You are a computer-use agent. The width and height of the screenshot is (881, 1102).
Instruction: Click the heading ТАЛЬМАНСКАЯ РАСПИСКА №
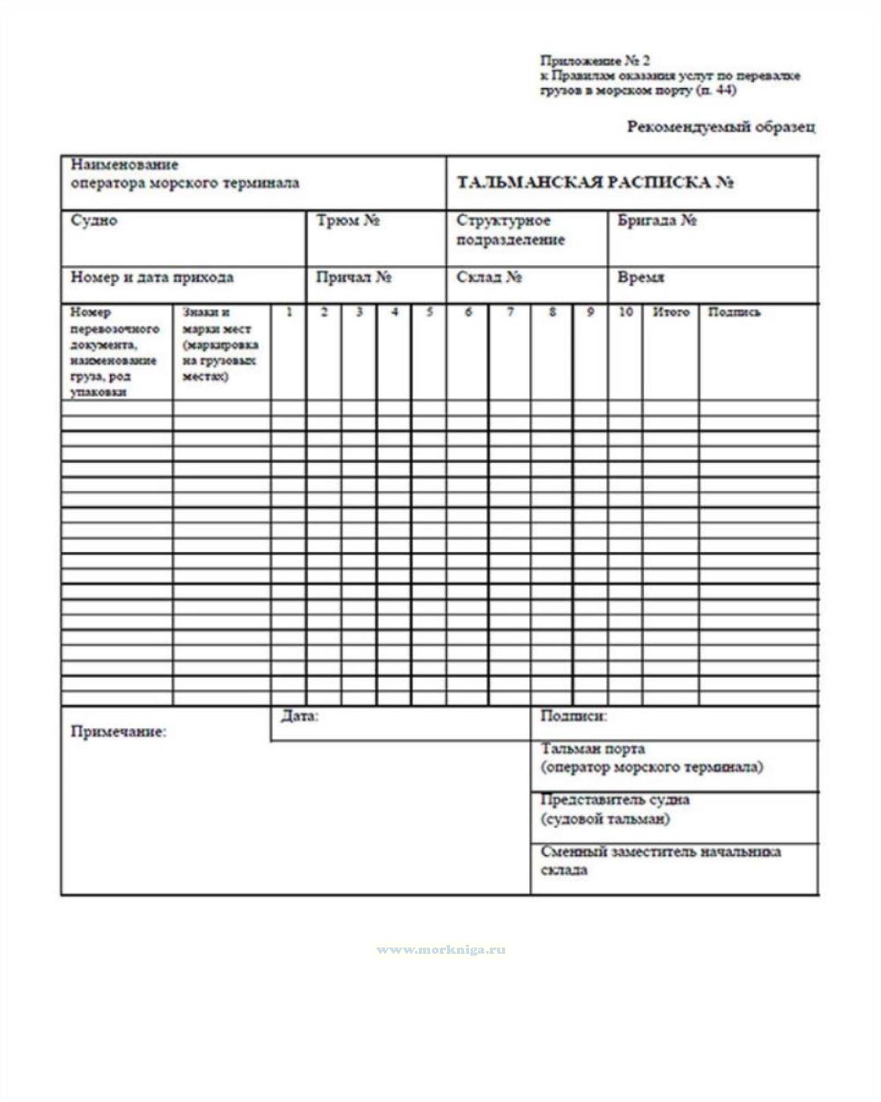click(x=595, y=183)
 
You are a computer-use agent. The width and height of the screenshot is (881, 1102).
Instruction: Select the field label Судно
click(x=94, y=221)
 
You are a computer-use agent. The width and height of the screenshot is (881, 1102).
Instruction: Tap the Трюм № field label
click(x=348, y=221)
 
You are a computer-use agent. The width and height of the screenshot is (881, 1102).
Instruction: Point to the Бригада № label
click(x=657, y=221)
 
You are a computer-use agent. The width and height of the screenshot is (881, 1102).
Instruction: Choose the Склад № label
click(x=489, y=277)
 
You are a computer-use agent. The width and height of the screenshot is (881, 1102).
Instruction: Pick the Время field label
click(x=640, y=277)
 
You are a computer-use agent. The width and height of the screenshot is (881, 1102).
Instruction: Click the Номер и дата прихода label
click(x=152, y=277)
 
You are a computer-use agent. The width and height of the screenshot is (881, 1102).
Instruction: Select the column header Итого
click(x=671, y=312)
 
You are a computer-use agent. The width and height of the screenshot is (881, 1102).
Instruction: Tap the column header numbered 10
click(x=626, y=312)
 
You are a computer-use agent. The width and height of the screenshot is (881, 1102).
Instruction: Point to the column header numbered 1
click(x=289, y=312)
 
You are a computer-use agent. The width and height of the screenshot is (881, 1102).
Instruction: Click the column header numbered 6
click(x=468, y=312)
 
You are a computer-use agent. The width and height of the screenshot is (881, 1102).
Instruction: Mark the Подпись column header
click(x=734, y=312)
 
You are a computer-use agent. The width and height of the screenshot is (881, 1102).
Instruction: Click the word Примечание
click(x=119, y=732)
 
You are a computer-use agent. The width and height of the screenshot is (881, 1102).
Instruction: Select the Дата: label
click(x=300, y=717)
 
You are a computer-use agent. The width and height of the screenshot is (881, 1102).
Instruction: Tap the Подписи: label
click(x=573, y=717)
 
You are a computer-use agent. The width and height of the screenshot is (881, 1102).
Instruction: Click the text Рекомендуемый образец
click(x=721, y=128)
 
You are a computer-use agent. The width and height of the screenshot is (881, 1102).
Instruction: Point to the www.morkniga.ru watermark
click(x=441, y=950)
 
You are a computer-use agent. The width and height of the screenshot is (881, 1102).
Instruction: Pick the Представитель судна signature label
click(x=614, y=800)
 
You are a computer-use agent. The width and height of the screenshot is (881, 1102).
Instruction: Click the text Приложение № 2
click(x=595, y=61)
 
